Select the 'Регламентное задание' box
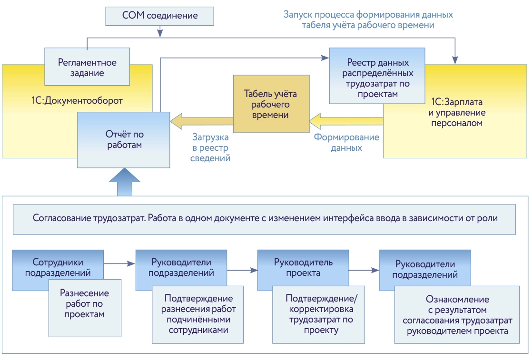87,67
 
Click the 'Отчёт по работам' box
123,139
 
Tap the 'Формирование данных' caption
347,142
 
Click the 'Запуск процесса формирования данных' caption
368,20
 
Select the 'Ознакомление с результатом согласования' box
457,315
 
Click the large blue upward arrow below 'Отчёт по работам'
125,183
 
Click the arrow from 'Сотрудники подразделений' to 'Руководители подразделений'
119,263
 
